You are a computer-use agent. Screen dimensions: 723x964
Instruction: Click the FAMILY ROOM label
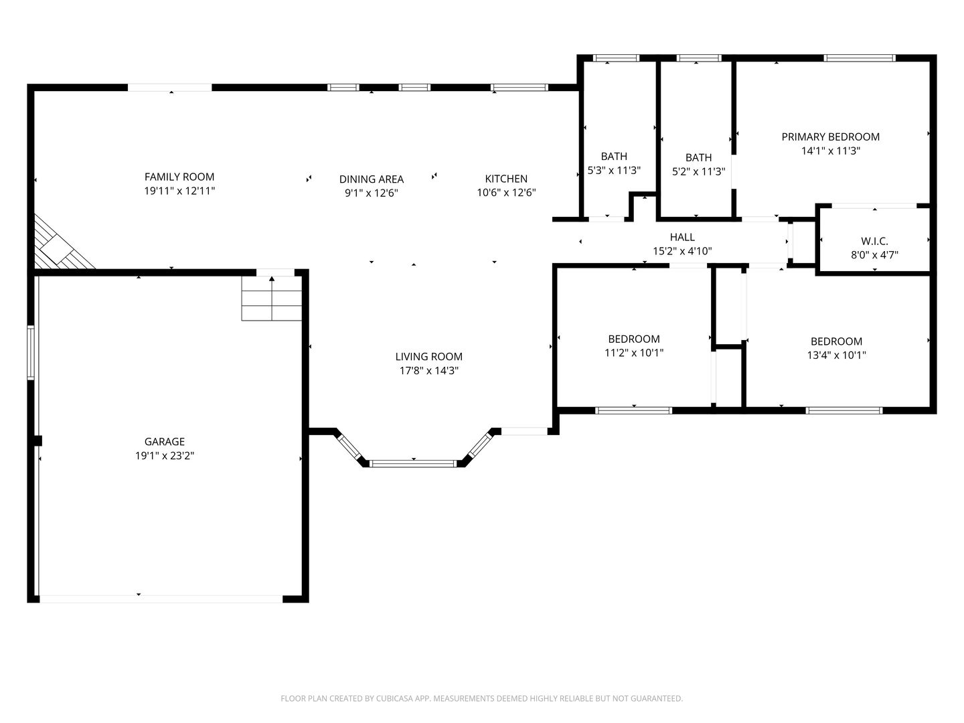click(179, 177)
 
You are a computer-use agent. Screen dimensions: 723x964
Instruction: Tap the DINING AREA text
click(371, 179)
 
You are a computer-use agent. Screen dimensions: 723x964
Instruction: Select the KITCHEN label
click(506, 179)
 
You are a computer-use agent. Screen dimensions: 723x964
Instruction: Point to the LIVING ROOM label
click(428, 357)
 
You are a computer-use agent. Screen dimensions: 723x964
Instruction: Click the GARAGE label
click(165, 442)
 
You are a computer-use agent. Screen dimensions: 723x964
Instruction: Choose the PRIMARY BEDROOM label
click(830, 137)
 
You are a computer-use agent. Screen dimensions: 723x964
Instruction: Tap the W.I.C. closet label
click(874, 241)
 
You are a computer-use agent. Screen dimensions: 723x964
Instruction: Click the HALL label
click(682, 237)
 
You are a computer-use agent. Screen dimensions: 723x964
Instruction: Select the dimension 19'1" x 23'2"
click(165, 456)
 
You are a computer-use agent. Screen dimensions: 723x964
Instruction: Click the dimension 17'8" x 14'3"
click(428, 371)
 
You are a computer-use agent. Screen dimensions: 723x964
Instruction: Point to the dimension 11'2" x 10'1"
click(633, 353)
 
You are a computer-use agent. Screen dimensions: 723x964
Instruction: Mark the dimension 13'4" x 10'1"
click(836, 355)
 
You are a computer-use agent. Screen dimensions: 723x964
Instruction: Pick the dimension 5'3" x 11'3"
click(614, 171)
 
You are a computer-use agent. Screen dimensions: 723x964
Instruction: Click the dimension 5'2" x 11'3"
click(698, 171)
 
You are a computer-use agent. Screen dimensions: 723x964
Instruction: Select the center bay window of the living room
click(413, 463)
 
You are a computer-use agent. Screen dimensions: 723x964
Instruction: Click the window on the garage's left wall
click(31, 353)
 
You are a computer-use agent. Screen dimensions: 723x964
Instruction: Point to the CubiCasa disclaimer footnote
click(481, 698)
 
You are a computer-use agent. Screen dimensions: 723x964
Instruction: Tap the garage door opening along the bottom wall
click(161, 598)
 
